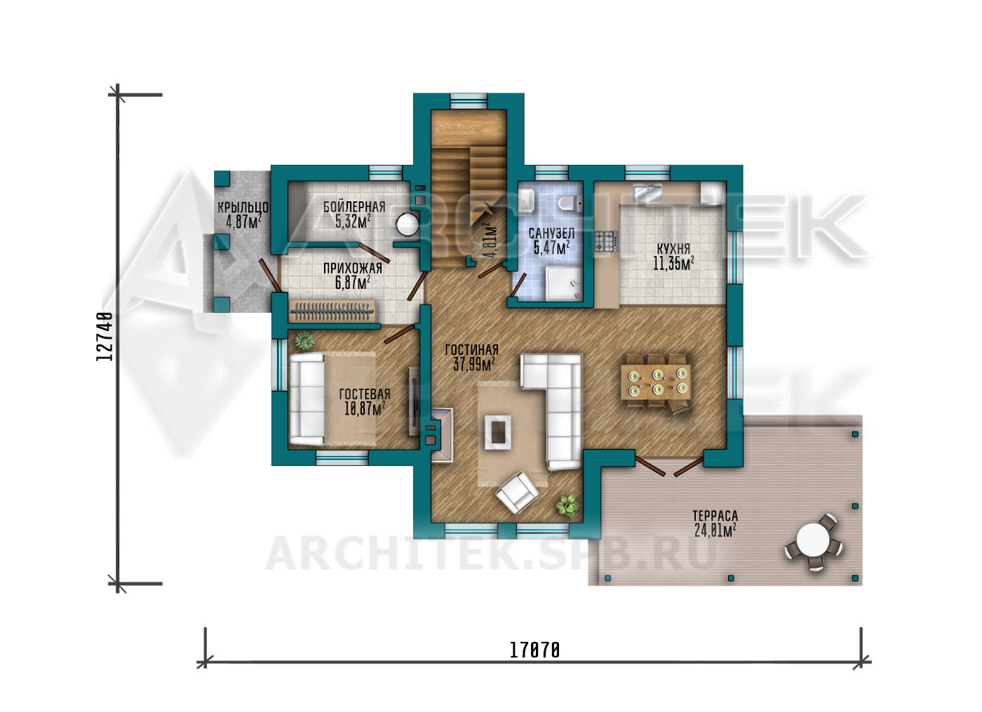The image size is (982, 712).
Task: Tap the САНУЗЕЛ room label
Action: click(551, 233)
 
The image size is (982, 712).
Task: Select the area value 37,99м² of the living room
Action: click(474, 364)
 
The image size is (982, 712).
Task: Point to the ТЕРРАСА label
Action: click(715, 516)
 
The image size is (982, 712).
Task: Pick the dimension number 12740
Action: click(104, 336)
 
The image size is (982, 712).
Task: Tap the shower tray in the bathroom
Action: click(563, 283)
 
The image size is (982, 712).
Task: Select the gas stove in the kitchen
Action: click(606, 241)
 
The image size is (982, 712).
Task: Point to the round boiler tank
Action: click(408, 224)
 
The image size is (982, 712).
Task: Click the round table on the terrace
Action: click(813, 541)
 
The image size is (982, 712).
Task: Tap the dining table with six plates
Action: click(656, 382)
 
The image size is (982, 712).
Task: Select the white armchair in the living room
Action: click(518, 492)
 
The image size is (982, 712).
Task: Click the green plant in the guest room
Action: click(304, 340)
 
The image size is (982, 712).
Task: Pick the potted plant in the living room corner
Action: click(567, 506)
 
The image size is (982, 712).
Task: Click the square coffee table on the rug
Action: click(497, 431)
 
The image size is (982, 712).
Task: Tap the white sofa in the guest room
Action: click(308, 398)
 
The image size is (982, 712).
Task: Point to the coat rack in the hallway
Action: click(332, 311)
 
